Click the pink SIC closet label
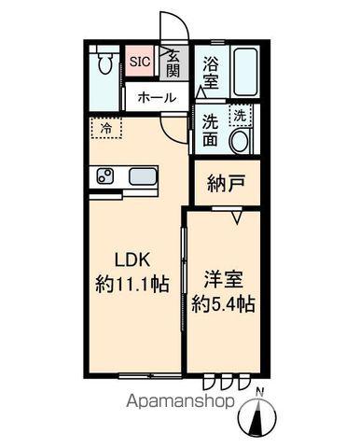139,62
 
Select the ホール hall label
152,97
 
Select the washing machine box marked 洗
242,117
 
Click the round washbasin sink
240,143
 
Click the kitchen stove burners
104,175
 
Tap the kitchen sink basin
143,175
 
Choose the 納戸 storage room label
227,182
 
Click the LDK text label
132,259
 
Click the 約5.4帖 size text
225,303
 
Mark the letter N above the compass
260,391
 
